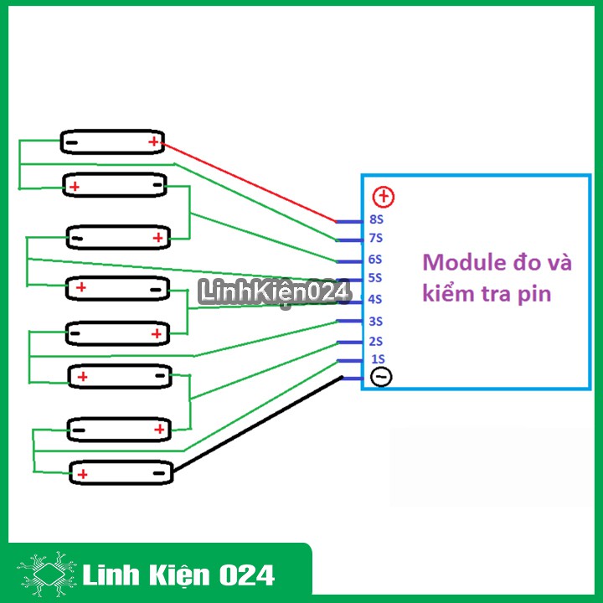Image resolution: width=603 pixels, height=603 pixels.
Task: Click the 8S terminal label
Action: point(375,219)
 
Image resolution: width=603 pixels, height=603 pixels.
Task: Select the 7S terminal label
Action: point(375,239)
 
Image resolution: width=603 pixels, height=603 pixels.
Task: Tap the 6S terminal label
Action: point(375,259)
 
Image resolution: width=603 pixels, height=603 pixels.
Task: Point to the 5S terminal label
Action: point(375,278)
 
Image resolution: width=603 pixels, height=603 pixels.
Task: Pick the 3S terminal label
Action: point(375,321)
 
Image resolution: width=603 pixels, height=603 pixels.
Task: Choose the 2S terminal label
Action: point(375,341)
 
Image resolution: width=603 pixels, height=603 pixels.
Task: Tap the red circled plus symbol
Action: point(384,198)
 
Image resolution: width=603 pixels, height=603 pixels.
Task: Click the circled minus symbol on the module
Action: point(381,378)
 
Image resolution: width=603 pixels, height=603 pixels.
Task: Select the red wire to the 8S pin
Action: point(251,183)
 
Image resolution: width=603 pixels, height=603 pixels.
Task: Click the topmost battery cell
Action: point(112,142)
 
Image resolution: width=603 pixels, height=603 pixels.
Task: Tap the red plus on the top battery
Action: point(153,142)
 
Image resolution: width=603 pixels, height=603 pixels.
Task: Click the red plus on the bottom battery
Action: point(83,474)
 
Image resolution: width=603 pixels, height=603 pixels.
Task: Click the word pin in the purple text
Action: point(536,295)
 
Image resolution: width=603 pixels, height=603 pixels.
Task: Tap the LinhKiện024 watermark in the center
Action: point(274,292)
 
